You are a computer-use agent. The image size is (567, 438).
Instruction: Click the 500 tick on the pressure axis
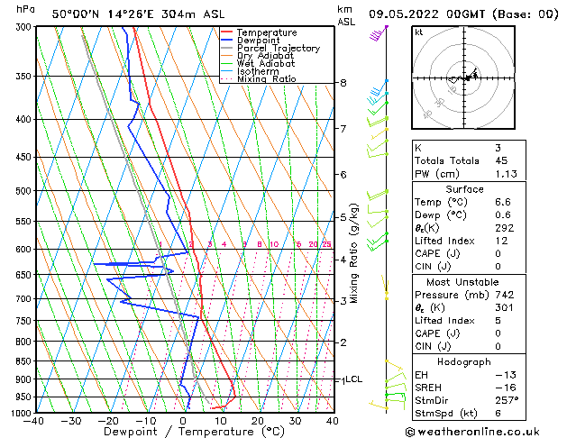point(23,191)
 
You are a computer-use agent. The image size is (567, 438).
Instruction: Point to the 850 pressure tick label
point(23,361)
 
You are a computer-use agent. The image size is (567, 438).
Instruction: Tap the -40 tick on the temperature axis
point(35,420)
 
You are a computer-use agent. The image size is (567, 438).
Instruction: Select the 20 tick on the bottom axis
point(258,420)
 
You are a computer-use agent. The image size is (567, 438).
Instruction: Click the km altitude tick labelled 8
point(343,83)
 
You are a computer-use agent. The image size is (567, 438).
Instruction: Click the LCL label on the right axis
point(353,379)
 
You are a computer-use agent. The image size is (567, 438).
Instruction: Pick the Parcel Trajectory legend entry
point(278,49)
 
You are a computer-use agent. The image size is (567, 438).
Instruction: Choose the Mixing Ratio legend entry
point(266,79)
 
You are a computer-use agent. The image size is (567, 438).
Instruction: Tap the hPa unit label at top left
point(26,9)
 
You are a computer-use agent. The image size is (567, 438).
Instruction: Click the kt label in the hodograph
point(418,32)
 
